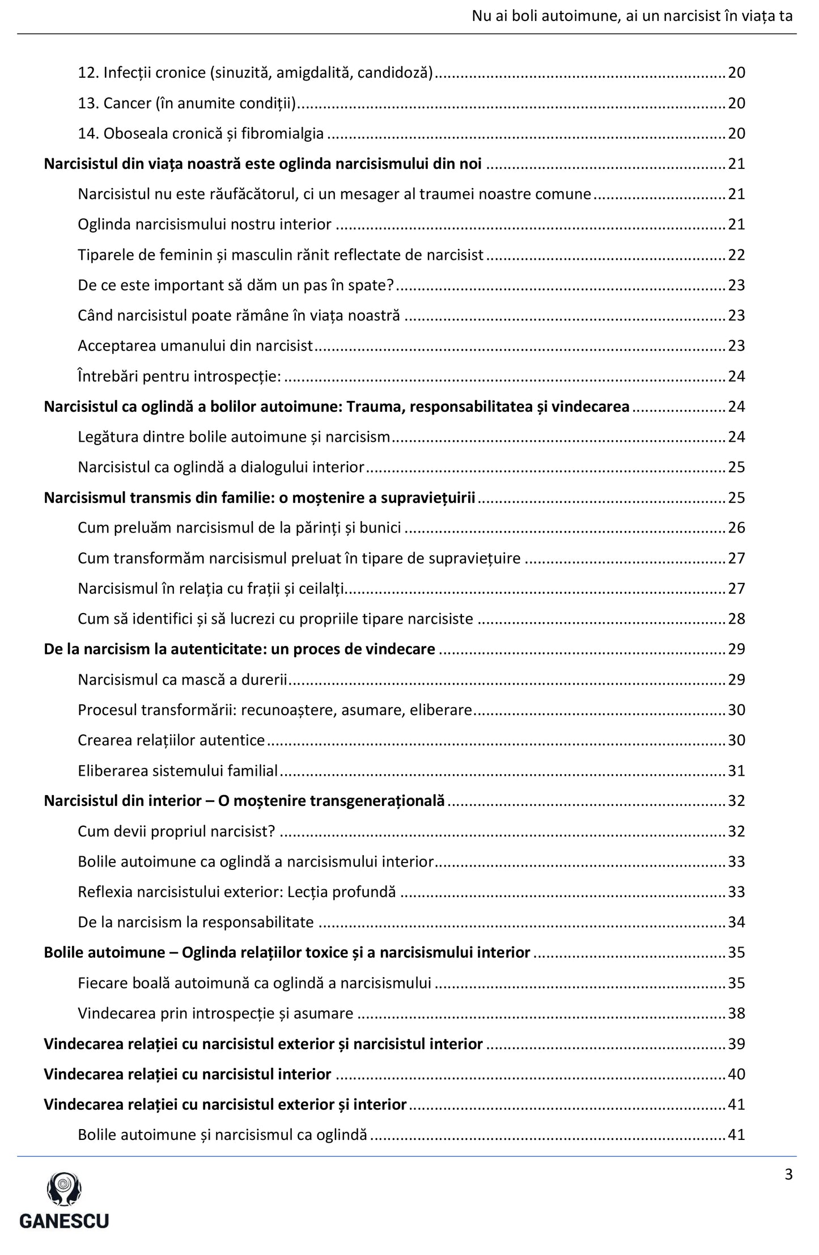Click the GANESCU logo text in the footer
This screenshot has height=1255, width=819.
[x=64, y=1220]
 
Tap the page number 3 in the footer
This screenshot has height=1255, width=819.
[x=788, y=1174]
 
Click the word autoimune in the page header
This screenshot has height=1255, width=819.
[x=578, y=16]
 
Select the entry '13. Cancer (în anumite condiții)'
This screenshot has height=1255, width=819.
[x=188, y=103]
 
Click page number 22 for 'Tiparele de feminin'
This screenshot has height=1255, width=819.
[x=736, y=255]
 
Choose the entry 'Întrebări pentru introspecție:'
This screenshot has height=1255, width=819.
[x=179, y=376]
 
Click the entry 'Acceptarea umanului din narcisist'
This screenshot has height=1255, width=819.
[x=195, y=346]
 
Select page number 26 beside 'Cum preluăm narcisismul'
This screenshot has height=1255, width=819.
[x=736, y=528]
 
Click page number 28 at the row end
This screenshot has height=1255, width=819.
[x=736, y=619]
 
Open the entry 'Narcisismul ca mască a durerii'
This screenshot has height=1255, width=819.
[x=183, y=679]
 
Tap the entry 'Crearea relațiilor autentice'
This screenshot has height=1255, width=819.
[x=171, y=740]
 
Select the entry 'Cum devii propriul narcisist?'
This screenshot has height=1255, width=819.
[x=176, y=831]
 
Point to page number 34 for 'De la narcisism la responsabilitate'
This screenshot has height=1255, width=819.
[x=736, y=922]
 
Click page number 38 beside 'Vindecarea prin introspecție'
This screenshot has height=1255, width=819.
[x=736, y=1013]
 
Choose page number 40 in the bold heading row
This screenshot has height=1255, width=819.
[x=736, y=1074]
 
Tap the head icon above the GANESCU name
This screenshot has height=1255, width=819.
[x=64, y=1189]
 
